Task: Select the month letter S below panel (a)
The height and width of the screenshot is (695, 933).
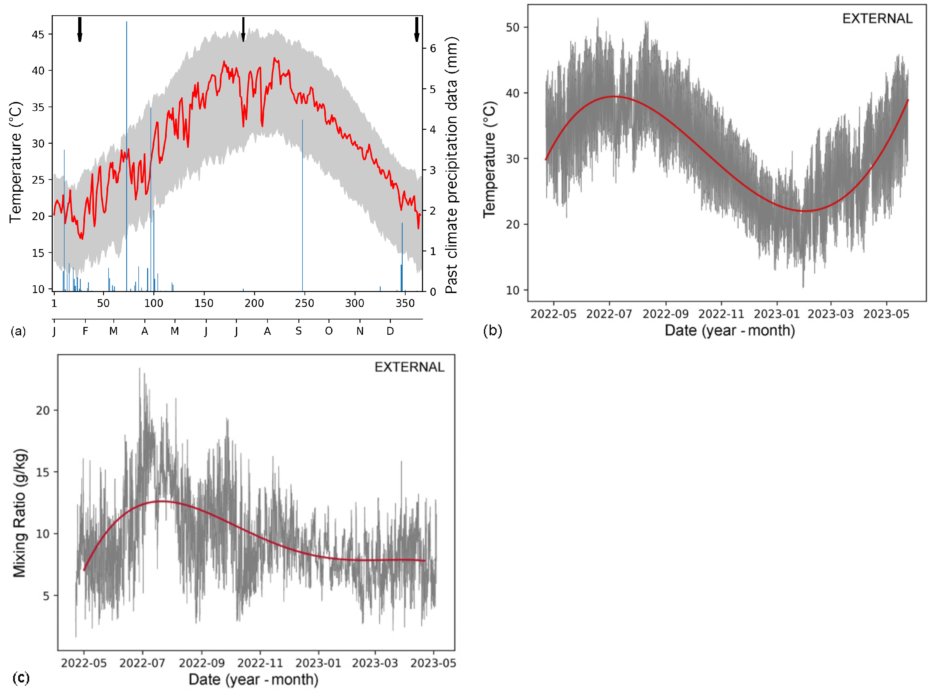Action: [x=298, y=331]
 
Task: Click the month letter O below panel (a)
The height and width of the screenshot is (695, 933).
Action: [x=329, y=331]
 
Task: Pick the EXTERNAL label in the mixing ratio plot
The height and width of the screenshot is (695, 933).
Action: [x=409, y=367]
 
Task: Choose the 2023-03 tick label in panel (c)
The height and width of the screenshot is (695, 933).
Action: [x=375, y=663]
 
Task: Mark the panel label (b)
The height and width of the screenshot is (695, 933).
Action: [x=492, y=331]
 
